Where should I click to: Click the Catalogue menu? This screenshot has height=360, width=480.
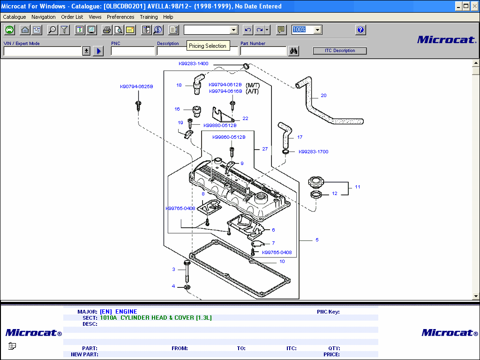tap(15, 17)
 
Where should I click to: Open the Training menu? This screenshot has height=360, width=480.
tap(149, 17)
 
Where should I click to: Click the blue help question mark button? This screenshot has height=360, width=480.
tap(360, 30)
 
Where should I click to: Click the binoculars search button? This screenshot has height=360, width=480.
tap(294, 51)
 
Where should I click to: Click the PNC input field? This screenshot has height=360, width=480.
tap(133, 51)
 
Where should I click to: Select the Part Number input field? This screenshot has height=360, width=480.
tap(263, 51)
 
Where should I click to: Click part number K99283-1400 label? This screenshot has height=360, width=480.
tap(193, 63)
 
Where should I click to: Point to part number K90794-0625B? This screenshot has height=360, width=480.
tap(136, 86)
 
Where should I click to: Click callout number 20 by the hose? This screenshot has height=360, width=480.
tap(323, 96)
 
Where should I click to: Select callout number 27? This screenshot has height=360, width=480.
tap(265, 149)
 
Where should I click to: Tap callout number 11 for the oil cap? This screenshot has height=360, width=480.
tap(357, 187)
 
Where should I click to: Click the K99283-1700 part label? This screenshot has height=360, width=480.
tap(313, 152)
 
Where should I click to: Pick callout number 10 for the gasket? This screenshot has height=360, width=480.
tap(282, 262)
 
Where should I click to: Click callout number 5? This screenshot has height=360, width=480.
tap(317, 240)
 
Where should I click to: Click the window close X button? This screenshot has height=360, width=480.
tap(474, 6)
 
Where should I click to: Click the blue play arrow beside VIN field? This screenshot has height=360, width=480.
tap(98, 51)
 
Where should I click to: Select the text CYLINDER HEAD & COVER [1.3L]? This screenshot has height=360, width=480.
tap(166, 318)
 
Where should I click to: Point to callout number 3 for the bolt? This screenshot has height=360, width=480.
tap(173, 270)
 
